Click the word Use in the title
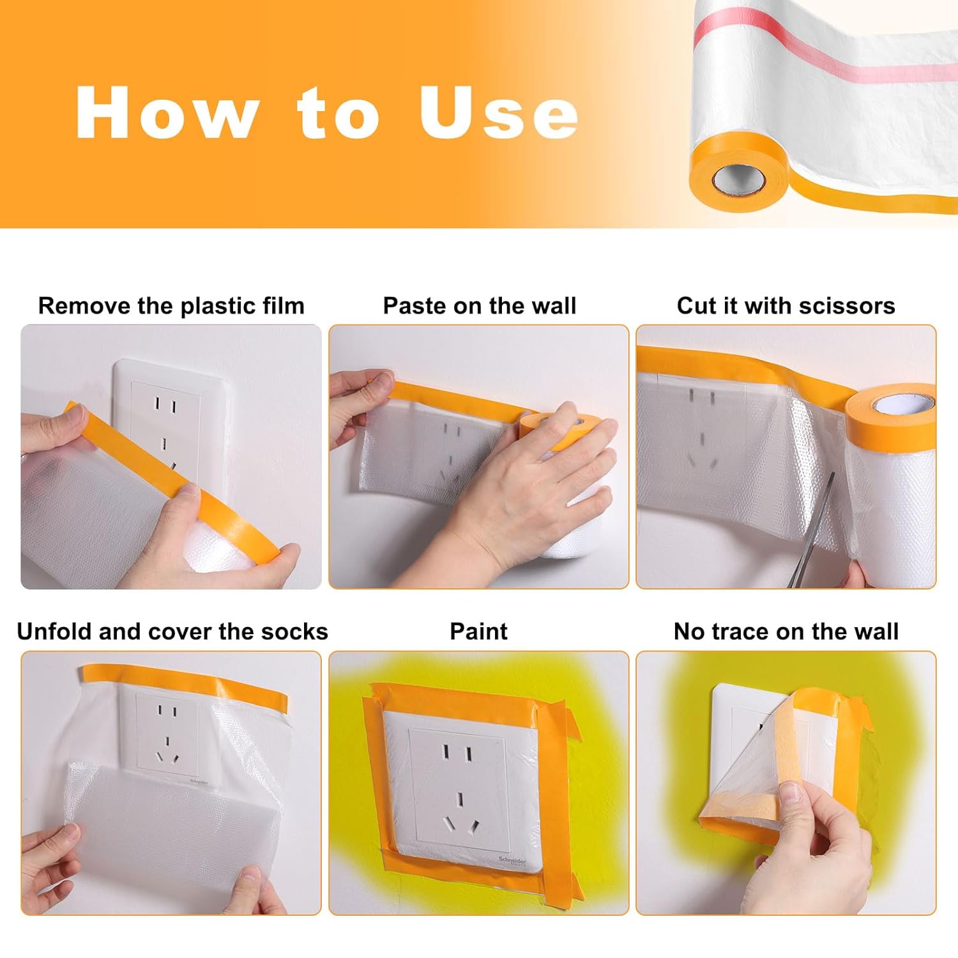[x=499, y=113]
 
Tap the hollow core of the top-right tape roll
[x=740, y=179]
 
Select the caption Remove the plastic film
[x=171, y=306]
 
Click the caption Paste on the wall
[x=479, y=306]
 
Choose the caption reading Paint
[x=478, y=632]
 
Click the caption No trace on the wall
[x=786, y=632]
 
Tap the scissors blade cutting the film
[x=812, y=530]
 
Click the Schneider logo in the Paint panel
[x=513, y=863]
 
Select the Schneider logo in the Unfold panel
[x=199, y=780]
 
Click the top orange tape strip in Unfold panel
[x=184, y=684]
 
